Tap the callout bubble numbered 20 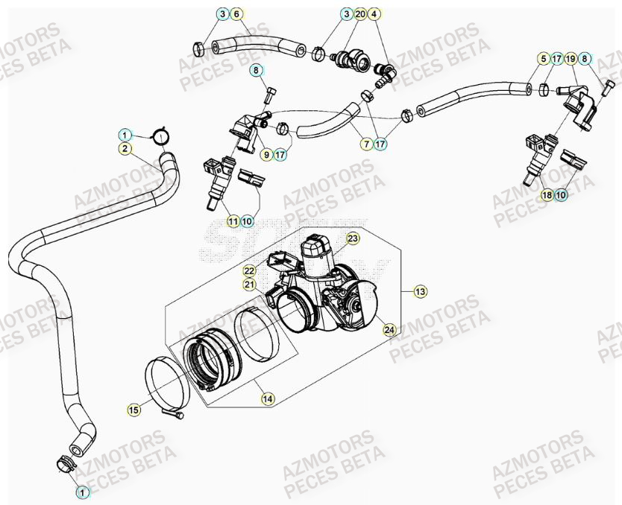point(360,14)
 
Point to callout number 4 point(374,14)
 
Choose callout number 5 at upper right point(544,58)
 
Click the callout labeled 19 point(571,58)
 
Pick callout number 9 point(266,155)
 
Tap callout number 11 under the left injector point(233,221)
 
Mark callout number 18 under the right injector point(547,195)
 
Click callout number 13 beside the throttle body point(421,292)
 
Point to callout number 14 point(266,399)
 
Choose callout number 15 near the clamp point(133,409)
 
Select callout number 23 point(353,238)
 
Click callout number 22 point(249,271)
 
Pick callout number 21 point(249,285)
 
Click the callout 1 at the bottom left point(83,492)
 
